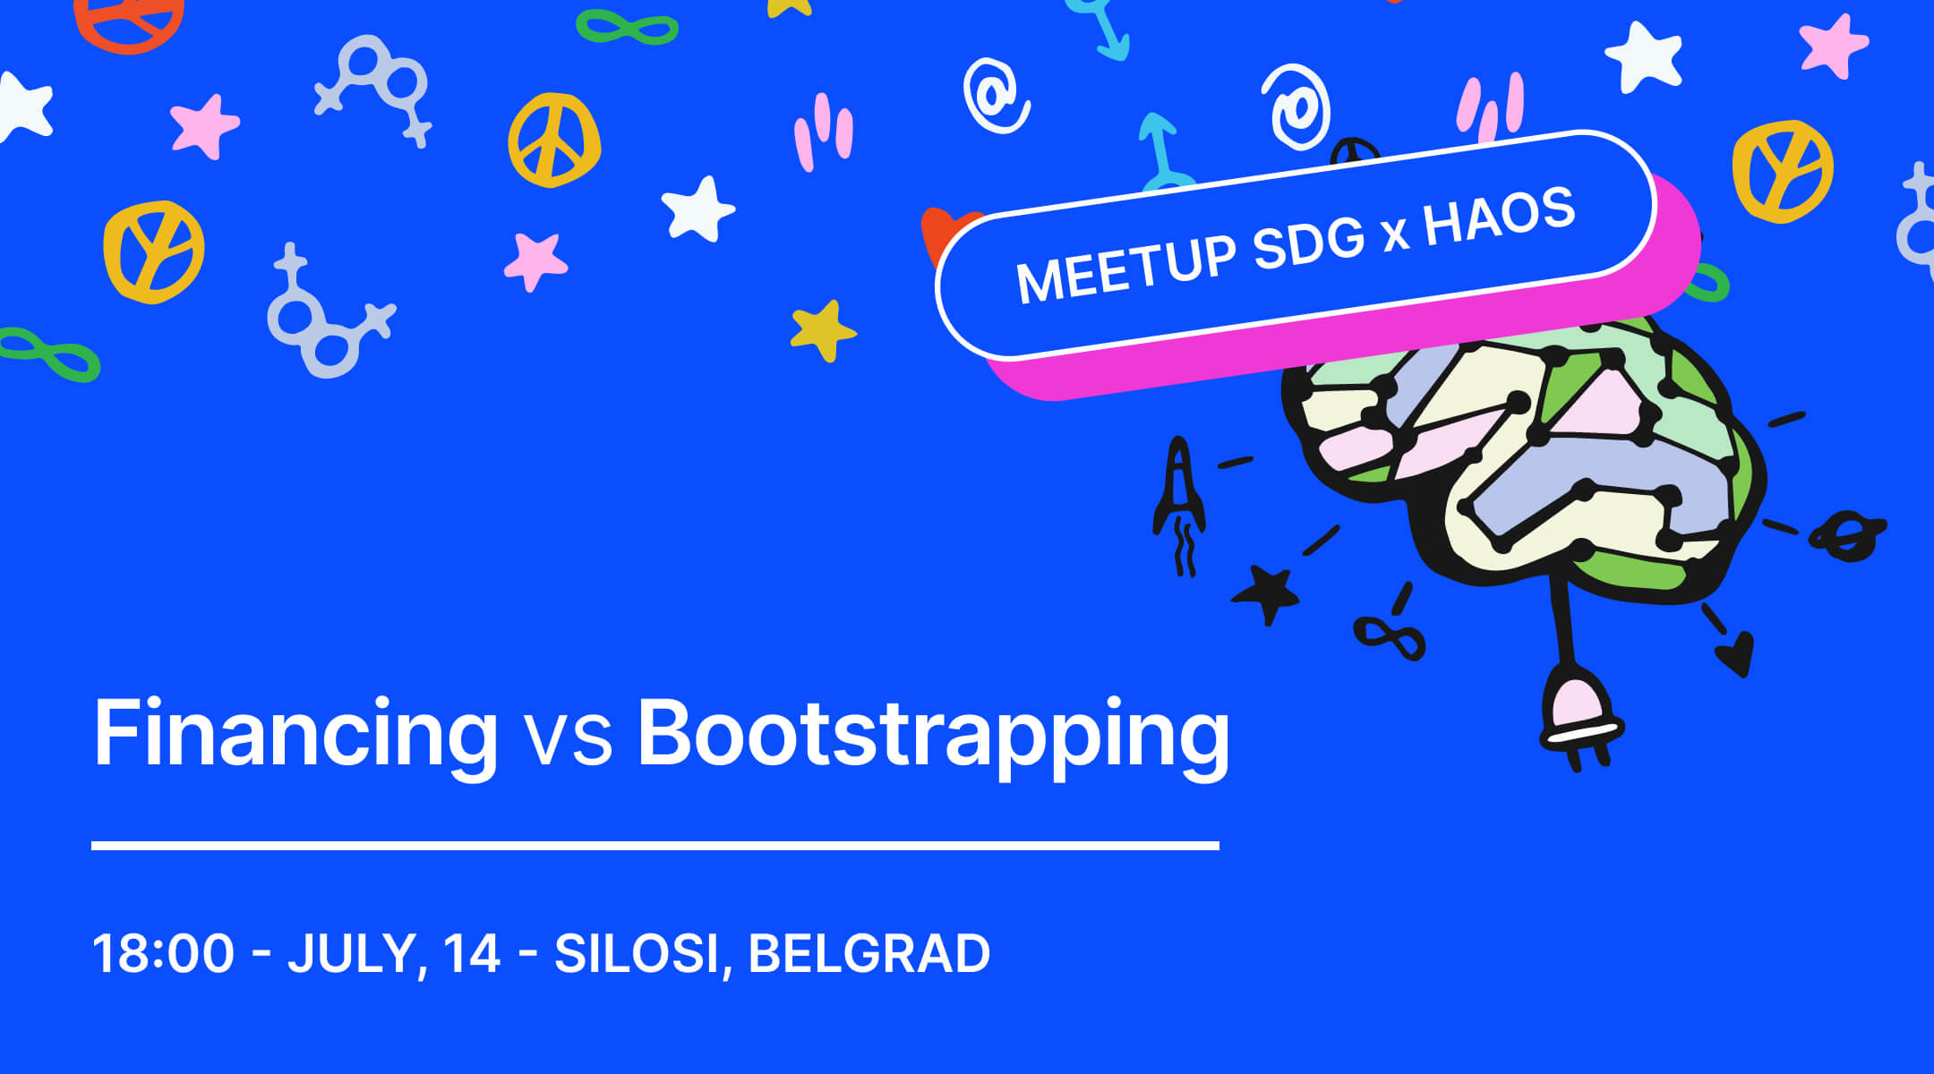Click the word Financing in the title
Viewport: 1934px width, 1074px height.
coord(295,734)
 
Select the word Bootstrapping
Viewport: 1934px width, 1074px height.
coord(933,736)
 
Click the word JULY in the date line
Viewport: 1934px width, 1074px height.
coord(351,954)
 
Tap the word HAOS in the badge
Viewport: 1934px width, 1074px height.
coord(1499,215)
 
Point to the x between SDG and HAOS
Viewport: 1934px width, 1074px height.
coord(1393,235)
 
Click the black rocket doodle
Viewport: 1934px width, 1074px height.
coord(1180,506)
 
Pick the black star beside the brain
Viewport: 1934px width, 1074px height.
coord(1266,592)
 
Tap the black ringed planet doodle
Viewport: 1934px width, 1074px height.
coord(1847,535)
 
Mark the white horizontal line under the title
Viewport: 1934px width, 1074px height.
coord(655,845)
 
